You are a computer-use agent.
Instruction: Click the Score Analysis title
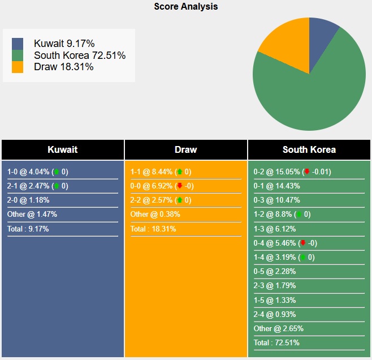(x=185, y=7)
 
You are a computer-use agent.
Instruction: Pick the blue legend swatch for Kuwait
(x=18, y=44)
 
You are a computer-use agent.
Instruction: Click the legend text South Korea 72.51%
(x=80, y=55)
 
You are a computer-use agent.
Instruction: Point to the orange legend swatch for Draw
(x=18, y=67)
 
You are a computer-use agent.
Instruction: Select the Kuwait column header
(x=62, y=150)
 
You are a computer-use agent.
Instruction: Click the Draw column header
(x=185, y=150)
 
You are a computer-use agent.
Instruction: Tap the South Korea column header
(x=309, y=150)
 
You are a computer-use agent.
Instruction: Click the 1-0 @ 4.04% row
(x=37, y=172)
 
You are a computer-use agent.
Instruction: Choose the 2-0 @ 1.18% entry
(x=29, y=200)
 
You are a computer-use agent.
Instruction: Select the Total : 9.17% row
(x=28, y=229)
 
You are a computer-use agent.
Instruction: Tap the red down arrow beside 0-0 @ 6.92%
(x=180, y=186)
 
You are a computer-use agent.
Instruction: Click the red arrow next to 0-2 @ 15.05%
(x=306, y=172)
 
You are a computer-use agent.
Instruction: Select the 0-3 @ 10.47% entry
(x=277, y=200)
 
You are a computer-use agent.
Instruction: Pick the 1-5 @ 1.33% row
(x=275, y=300)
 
